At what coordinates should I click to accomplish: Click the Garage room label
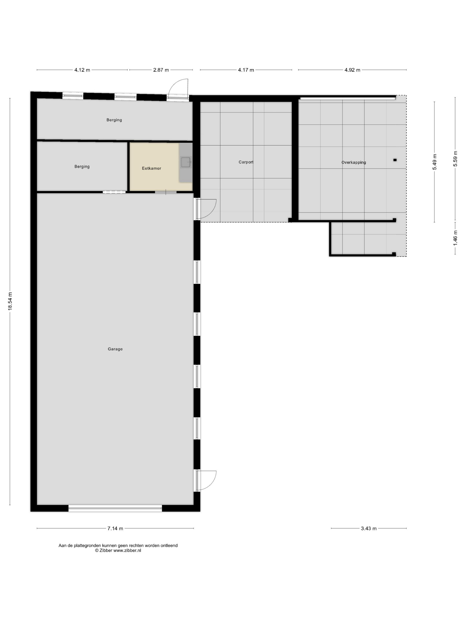(115, 349)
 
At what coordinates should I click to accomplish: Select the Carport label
(246, 162)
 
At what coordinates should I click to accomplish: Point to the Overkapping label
(354, 162)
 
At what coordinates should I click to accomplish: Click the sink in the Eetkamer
(186, 162)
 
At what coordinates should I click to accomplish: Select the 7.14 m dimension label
(115, 528)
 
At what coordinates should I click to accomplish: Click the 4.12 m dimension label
(82, 70)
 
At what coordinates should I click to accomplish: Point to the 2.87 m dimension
(161, 70)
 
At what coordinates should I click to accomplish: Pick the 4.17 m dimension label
(246, 70)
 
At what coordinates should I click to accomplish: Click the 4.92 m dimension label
(352, 70)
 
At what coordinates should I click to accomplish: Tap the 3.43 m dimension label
(369, 528)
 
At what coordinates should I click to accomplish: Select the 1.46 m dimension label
(455, 238)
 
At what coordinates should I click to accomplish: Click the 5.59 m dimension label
(455, 159)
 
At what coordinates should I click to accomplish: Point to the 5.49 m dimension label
(434, 162)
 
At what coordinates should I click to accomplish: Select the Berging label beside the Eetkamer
(82, 167)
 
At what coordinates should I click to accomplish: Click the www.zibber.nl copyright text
(118, 550)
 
